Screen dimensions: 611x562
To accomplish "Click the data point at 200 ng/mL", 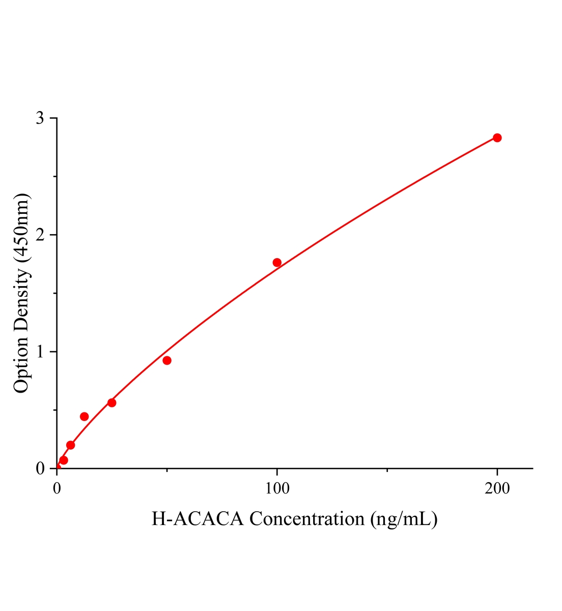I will [497, 137].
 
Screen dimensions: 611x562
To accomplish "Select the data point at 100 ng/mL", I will [277, 262].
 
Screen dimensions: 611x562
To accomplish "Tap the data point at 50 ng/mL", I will [167, 360].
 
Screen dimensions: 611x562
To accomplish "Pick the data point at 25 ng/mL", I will [112, 403].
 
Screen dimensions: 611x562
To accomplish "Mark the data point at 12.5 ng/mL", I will [85, 416].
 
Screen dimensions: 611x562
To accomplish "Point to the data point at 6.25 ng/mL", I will [71, 445].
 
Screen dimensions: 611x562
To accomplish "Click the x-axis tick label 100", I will [277, 488].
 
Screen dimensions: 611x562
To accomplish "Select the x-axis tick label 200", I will [497, 488].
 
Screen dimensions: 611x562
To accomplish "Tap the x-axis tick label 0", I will [57, 488].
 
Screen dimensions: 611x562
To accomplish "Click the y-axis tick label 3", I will [40, 118].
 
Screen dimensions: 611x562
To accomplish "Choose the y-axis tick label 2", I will [40, 235].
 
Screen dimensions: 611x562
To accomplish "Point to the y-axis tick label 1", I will [40, 352].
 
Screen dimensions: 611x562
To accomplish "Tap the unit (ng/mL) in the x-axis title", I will [404, 519].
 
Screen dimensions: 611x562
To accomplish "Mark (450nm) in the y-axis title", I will [21, 228].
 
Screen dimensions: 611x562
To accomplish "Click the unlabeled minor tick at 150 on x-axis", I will [387, 470].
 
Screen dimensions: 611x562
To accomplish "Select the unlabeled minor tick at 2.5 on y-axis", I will [54, 177].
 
